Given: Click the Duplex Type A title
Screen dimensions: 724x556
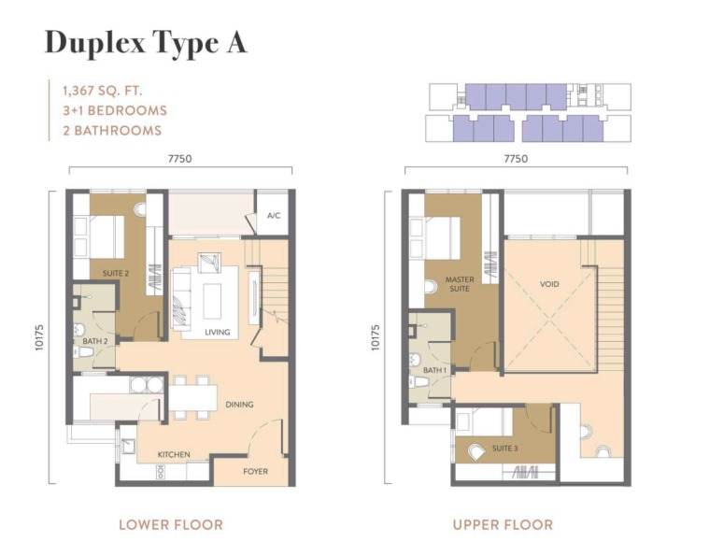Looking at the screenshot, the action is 146,44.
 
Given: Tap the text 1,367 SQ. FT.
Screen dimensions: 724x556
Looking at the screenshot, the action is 103,91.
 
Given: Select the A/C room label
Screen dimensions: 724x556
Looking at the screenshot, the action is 274,216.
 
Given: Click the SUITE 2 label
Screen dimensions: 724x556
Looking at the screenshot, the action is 116,273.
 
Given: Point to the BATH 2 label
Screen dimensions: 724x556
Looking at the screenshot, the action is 95,341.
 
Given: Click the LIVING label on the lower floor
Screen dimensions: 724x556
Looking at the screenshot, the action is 217,332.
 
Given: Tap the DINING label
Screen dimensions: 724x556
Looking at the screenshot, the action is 239,405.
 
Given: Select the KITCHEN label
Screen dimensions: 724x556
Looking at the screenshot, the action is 174,454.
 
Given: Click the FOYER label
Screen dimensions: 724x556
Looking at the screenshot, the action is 255,472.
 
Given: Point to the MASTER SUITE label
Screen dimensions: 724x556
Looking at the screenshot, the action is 460,284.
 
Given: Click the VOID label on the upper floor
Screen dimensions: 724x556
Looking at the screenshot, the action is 549,284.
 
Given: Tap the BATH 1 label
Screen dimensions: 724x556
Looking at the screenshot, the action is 435,370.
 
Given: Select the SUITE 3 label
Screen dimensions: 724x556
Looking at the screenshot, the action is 505,449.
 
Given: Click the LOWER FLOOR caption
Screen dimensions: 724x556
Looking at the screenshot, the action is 171,525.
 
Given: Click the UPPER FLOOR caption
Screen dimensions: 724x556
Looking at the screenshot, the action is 503,525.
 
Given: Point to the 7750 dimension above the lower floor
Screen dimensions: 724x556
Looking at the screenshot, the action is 179,159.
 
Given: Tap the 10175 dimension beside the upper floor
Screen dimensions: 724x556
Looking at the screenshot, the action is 375,337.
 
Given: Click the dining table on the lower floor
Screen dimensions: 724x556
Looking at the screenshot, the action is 193,397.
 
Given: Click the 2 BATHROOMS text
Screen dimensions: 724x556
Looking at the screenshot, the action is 112,131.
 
